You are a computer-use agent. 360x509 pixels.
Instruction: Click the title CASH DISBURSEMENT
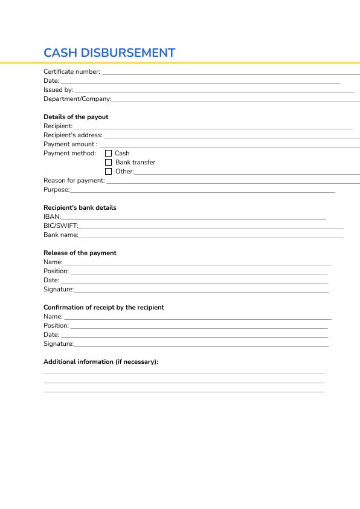coord(109,53)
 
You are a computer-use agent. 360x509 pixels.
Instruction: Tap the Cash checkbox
coord(109,154)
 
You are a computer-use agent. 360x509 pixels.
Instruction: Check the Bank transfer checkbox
coord(109,163)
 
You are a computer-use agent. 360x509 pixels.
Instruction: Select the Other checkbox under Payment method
coord(109,172)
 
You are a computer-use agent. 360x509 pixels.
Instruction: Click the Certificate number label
coord(72,72)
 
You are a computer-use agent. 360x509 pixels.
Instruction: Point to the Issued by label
coord(58,90)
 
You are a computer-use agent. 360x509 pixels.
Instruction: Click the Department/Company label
coord(77,99)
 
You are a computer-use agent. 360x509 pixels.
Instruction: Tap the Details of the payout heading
coord(76,117)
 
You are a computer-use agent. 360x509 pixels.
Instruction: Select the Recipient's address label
coord(73,135)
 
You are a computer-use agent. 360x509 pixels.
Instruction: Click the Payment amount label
coord(70,144)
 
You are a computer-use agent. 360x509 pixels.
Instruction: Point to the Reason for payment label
coord(74,181)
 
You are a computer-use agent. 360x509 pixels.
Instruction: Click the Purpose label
coord(57,190)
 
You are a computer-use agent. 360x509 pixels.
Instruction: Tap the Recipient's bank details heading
coord(80,208)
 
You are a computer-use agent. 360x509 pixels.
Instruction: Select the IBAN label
coord(52,217)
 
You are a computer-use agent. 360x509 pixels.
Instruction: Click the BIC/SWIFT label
coord(61,226)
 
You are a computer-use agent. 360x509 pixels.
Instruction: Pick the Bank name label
coord(61,235)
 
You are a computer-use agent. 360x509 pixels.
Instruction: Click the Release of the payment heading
coord(80,253)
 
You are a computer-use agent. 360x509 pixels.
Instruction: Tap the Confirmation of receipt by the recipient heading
coord(104,308)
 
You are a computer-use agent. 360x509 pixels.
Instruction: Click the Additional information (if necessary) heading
coord(101,362)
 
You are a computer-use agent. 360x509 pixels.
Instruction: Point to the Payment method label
coord(69,154)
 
